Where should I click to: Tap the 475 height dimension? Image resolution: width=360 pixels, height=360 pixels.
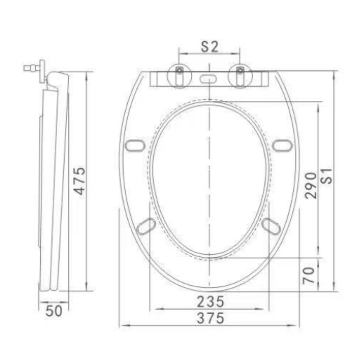[x=80, y=181]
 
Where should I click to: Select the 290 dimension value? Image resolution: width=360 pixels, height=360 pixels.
[x=311, y=185]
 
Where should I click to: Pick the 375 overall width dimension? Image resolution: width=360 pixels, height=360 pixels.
[x=210, y=318]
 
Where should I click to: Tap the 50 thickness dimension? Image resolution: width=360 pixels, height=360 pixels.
[x=54, y=311]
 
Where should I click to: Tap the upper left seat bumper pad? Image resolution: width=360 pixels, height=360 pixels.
[x=135, y=145]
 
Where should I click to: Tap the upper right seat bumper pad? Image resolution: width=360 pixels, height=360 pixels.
[x=282, y=145]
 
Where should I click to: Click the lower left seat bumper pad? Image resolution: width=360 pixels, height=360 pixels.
[x=146, y=226]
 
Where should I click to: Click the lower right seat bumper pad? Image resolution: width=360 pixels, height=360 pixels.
[x=272, y=226]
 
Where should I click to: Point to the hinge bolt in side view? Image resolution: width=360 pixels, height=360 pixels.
[x=32, y=68]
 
